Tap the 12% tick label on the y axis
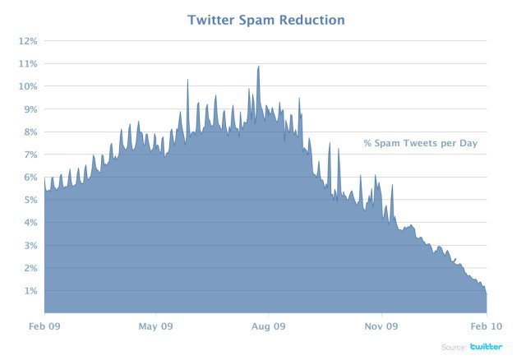click(29, 40)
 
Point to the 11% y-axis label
click(29, 63)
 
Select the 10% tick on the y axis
click(29, 86)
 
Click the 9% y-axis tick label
click(31, 109)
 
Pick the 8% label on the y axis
click(31, 132)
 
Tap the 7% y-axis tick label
click(31, 155)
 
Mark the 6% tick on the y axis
click(31, 178)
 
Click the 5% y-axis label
click(31, 200)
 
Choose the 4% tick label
click(31, 223)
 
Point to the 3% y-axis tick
click(31, 246)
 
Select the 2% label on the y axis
click(31, 268)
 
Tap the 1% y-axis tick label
click(31, 291)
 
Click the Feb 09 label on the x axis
click(44, 326)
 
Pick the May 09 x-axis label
click(155, 326)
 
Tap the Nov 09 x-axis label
click(381, 326)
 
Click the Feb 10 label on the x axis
click(487, 326)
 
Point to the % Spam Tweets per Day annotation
click(420, 144)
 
